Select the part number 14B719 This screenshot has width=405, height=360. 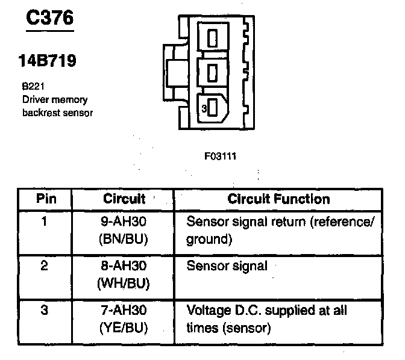[48, 61]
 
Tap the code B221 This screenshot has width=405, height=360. [31, 87]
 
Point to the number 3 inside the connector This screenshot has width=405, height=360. [204, 109]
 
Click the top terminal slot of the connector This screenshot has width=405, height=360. [212, 39]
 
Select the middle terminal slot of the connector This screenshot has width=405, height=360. [212, 73]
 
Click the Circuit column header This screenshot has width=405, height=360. [124, 199]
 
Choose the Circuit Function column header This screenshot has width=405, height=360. [278, 199]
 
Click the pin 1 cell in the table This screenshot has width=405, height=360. [44, 221]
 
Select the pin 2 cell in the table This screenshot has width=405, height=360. [44, 265]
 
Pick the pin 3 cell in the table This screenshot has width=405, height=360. [44, 311]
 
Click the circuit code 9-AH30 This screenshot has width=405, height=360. [124, 221]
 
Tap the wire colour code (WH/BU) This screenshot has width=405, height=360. [124, 283]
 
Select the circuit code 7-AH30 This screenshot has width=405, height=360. [124, 311]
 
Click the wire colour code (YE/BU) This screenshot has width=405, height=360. [124, 329]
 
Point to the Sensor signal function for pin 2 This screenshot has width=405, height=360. [227, 265]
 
